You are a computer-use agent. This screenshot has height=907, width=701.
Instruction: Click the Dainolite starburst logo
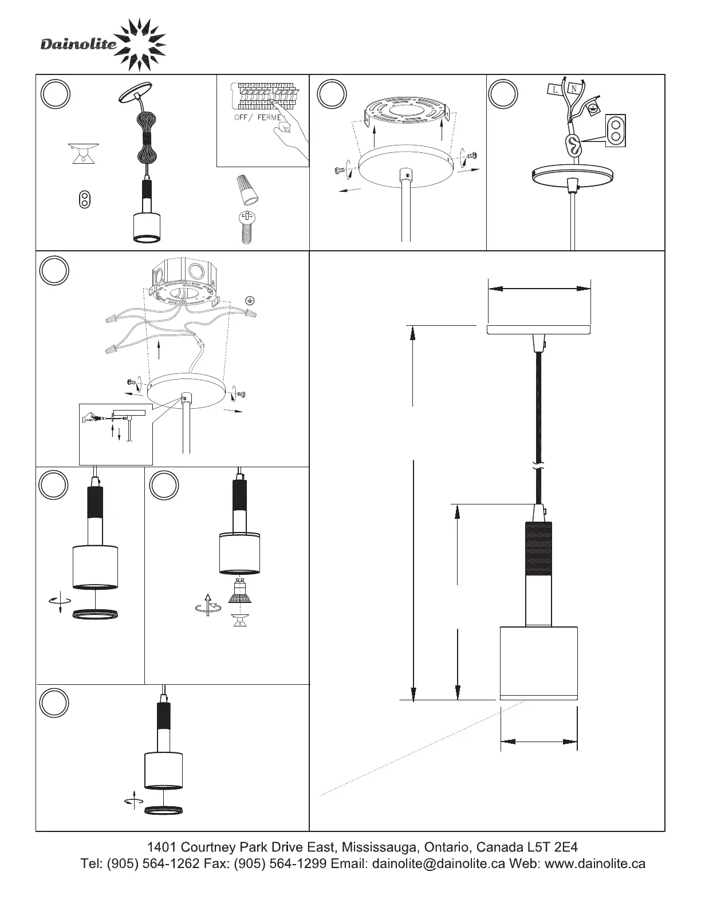(x=139, y=45)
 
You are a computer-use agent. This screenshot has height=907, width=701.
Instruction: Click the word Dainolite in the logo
(x=78, y=44)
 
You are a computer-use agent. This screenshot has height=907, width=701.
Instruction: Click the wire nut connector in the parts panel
(x=248, y=190)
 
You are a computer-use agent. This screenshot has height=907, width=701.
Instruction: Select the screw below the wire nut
(x=247, y=227)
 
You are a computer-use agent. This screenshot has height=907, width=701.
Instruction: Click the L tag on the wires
(x=555, y=89)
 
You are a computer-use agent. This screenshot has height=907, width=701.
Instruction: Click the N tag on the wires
(x=574, y=89)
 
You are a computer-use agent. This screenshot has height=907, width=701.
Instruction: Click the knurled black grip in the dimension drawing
(x=538, y=549)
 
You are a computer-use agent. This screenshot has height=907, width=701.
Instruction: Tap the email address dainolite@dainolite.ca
(x=438, y=863)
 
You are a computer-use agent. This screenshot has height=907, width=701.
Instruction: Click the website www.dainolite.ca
(x=595, y=863)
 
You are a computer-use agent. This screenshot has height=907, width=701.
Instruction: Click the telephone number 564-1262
(x=171, y=863)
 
